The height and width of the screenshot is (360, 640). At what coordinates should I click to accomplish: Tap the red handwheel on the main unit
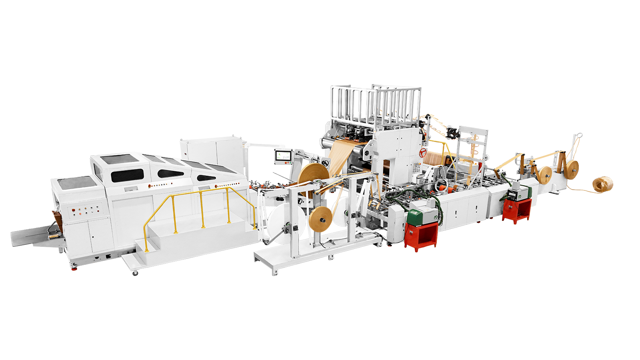(422, 152)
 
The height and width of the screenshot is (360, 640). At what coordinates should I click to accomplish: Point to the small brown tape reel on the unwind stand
(323, 219)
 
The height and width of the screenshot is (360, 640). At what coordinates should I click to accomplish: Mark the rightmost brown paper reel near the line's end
(572, 167)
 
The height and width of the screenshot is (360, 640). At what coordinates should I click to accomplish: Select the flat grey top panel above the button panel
(76, 182)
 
